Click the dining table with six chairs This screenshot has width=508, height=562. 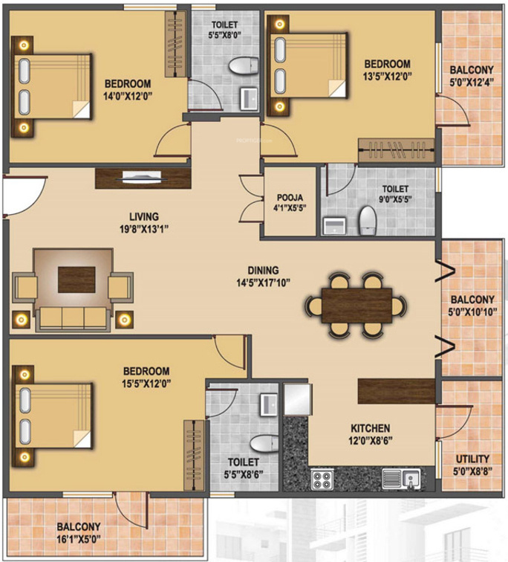coord(357,304)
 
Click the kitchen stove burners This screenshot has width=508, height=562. coord(322,478)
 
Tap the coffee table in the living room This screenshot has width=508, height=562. coord(76,279)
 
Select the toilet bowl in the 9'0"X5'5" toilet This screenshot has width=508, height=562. coord(368,220)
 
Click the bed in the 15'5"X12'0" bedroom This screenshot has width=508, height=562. coord(53,416)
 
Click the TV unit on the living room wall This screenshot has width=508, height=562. coord(143,178)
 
